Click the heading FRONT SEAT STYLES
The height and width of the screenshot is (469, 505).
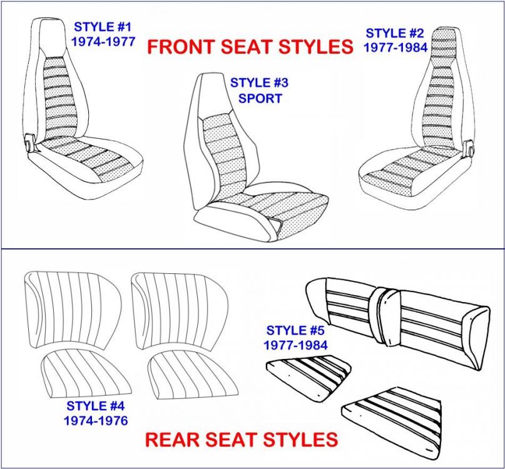tap(250, 46)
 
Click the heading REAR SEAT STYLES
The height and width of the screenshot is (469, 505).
tap(242, 440)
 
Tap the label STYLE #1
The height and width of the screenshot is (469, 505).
tap(103, 27)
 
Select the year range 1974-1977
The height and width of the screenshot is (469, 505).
tap(103, 41)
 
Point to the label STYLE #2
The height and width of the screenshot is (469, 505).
tap(395, 33)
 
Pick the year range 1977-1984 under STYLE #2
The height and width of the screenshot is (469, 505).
tap(395, 48)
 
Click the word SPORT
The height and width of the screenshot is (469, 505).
tap(260, 98)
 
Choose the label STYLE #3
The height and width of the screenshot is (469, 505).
tap(259, 83)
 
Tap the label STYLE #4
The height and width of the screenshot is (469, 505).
tap(95, 406)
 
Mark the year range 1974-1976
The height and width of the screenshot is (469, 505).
tap(96, 421)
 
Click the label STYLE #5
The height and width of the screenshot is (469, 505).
tap(295, 331)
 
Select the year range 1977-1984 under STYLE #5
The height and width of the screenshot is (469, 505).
tap(295, 345)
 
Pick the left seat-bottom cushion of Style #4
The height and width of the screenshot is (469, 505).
tap(86, 374)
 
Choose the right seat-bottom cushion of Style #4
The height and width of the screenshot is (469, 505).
tap(193, 375)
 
